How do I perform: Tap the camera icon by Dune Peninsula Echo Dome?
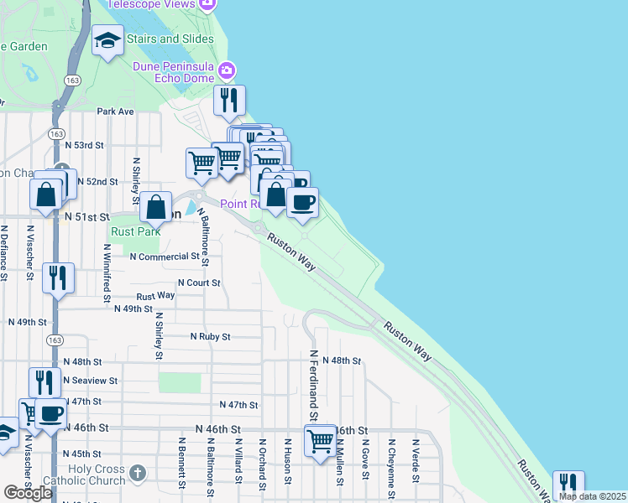pos(225,70)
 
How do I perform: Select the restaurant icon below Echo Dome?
pos(229,101)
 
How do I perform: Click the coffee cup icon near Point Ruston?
pos(303,201)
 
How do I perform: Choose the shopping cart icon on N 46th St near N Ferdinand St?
pos(321,439)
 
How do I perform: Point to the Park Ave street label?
pos(115,111)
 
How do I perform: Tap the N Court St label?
pos(199,283)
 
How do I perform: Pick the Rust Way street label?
pos(155,295)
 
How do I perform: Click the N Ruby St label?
pos(210,336)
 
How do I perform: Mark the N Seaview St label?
pos(92,381)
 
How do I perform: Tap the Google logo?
pos(28,493)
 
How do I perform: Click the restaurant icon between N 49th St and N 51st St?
pos(57,277)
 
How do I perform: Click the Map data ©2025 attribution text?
pos(592,496)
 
